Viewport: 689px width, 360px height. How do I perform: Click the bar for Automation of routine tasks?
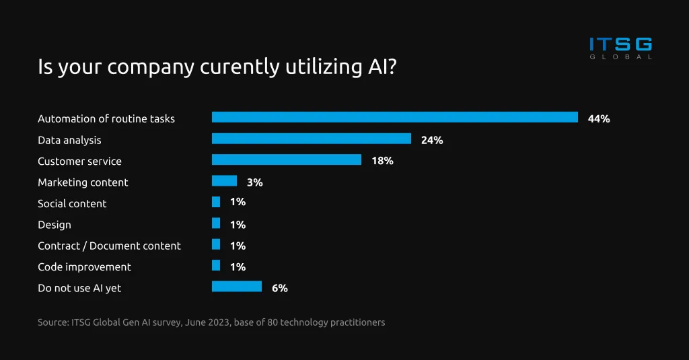(x=394, y=117)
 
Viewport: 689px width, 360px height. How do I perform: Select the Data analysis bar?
(x=311, y=139)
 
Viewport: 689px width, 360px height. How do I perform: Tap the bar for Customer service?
(x=286, y=159)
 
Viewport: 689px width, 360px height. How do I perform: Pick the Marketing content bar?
(x=224, y=181)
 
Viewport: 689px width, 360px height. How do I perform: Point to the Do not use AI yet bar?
(x=236, y=287)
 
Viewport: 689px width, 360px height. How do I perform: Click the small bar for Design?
(x=216, y=223)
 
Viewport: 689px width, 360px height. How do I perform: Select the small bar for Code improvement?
(x=216, y=266)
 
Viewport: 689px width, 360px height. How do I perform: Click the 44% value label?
(x=598, y=119)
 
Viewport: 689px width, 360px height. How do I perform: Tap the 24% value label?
(x=432, y=141)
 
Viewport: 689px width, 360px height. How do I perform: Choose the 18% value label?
(x=382, y=161)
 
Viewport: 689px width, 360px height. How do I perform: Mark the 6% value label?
(x=279, y=289)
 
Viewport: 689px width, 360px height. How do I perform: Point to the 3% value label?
(x=254, y=182)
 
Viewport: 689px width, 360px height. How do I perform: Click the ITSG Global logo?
(x=620, y=48)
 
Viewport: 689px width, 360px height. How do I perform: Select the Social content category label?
(x=72, y=204)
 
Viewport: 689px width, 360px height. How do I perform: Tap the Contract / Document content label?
(x=109, y=246)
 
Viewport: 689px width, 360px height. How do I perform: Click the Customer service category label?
(x=79, y=161)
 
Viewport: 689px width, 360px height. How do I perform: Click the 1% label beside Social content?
(x=238, y=203)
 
